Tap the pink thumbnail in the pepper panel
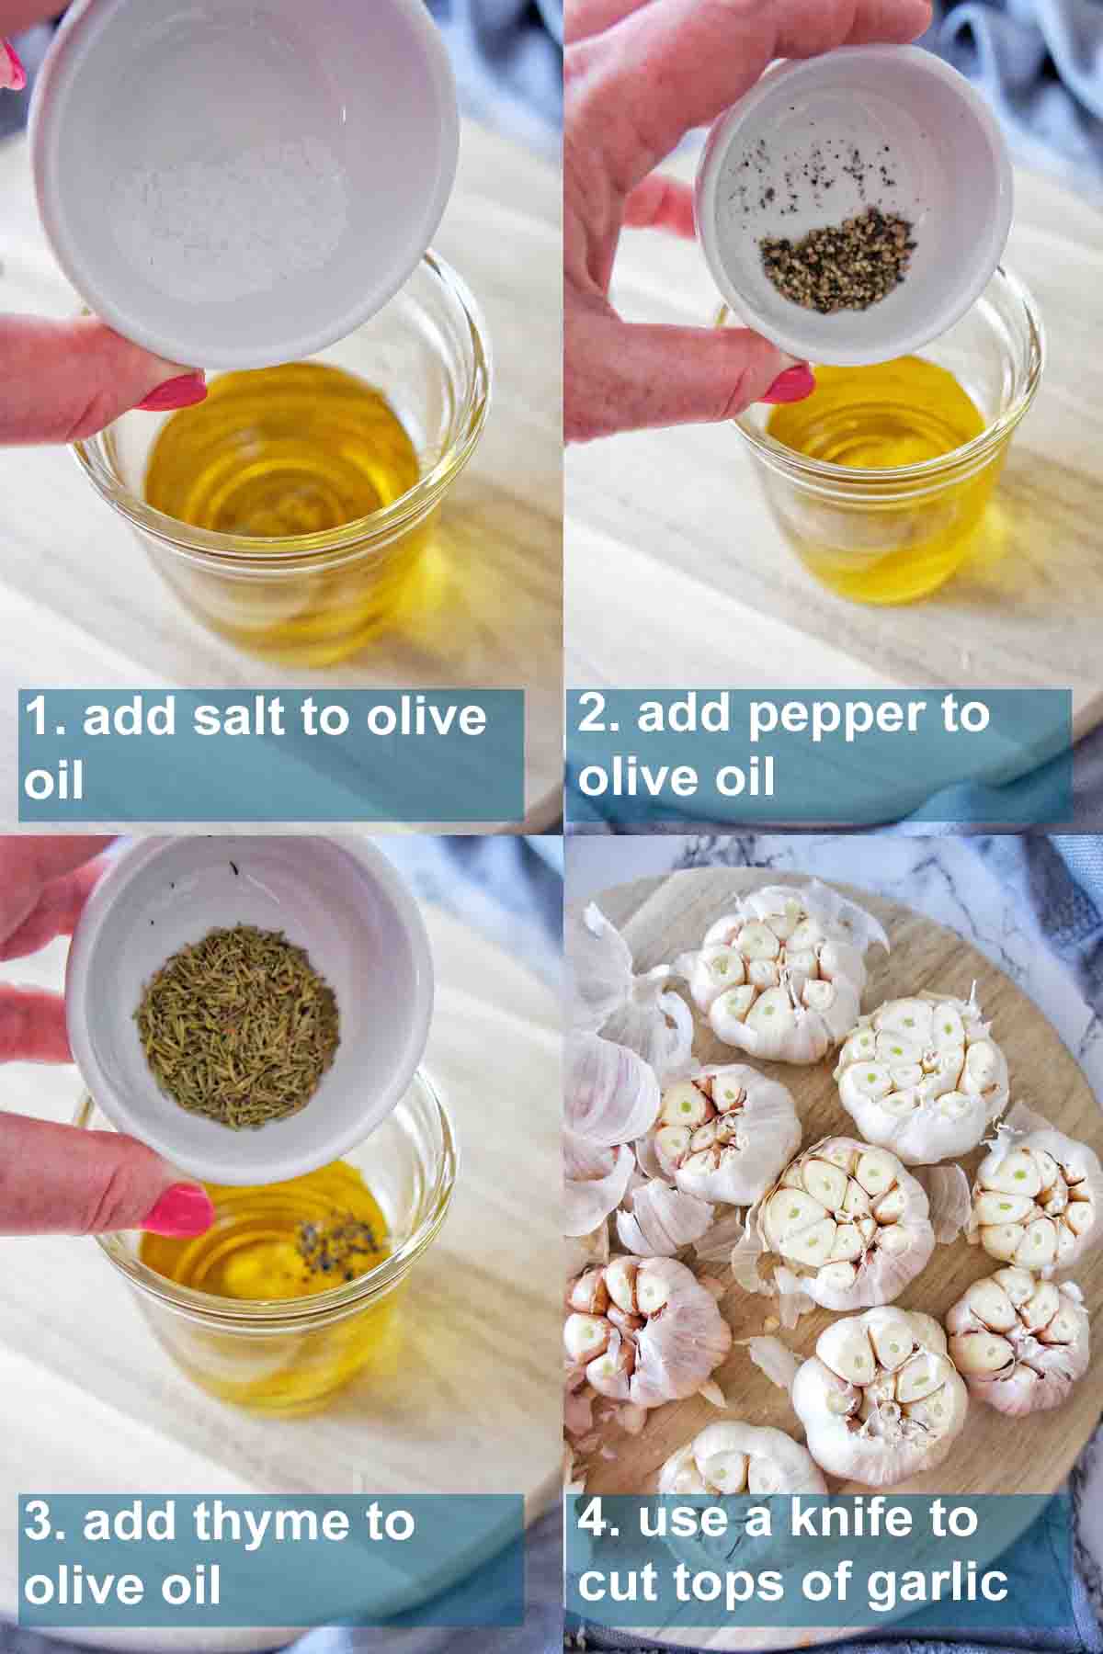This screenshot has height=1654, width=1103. [789, 383]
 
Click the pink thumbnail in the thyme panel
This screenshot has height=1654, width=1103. [178, 1209]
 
